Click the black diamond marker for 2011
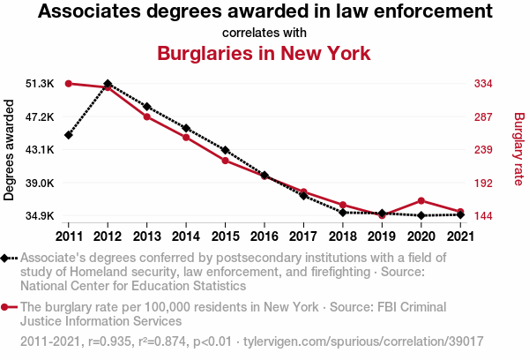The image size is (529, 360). coord(68,135)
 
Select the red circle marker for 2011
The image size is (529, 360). coord(68,84)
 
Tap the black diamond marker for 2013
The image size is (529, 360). coord(146,107)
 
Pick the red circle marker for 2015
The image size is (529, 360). coord(225,161)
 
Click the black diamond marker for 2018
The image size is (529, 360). coord(343,212)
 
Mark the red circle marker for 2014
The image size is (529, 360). coord(186,138)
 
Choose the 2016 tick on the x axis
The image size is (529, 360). coord(264,236)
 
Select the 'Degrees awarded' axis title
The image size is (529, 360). coord(10,150)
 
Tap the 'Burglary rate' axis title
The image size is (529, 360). coord(518,150)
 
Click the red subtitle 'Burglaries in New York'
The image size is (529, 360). coord(264,54)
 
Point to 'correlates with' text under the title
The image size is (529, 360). coord(264,33)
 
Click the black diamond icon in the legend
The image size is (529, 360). coord(6,259)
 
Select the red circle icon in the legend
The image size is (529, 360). coord(6,307)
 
